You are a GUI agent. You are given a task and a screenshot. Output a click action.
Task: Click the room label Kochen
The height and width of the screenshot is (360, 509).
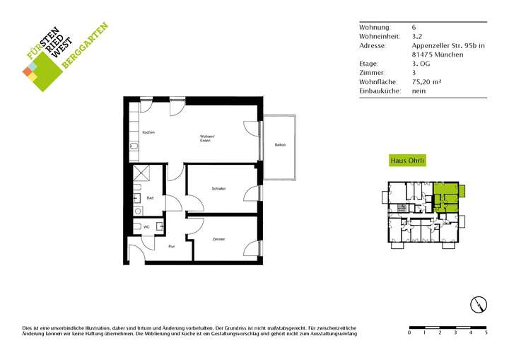point(148,133)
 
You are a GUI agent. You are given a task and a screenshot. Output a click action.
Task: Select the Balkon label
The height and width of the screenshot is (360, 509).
point(280,145)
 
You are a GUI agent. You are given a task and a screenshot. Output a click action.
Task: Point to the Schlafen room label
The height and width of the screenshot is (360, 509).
point(218,189)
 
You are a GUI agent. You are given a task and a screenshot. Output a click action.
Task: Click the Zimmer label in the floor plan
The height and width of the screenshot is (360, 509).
point(218,240)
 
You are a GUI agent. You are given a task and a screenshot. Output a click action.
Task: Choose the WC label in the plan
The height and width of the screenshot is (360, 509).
point(146,226)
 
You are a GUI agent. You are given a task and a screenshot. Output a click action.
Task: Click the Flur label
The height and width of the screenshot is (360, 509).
point(171,246)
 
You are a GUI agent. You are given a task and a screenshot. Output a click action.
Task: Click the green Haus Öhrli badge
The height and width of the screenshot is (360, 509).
point(407,161)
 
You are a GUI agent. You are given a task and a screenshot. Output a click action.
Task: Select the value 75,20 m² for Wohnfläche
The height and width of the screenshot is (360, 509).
point(426,82)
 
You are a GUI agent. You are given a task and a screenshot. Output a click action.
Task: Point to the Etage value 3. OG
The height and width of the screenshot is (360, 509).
point(421,64)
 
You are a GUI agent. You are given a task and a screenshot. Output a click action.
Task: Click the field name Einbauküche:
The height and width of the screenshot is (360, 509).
point(380,91)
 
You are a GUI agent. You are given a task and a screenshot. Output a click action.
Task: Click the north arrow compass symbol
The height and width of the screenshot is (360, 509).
point(479,305)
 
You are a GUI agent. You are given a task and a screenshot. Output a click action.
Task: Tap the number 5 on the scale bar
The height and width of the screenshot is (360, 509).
point(486,332)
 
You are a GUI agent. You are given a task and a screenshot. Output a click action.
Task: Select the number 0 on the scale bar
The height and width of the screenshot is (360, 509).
point(410,332)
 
